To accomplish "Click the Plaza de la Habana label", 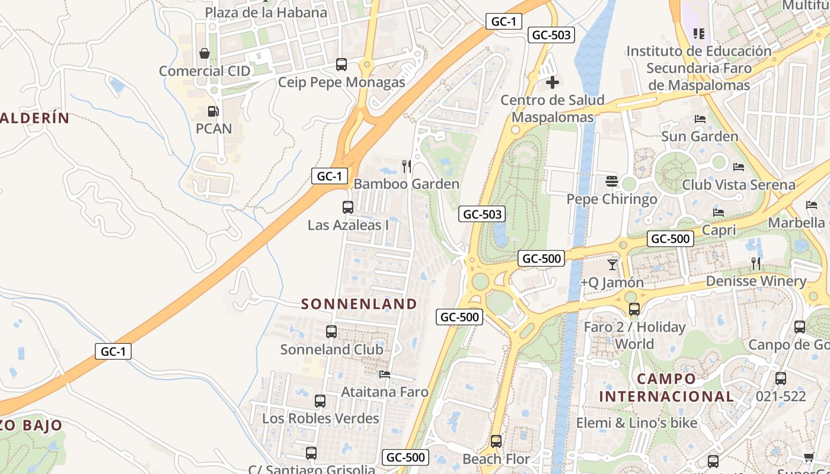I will (x=266, y=12).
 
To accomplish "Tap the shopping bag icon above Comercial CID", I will (x=205, y=54).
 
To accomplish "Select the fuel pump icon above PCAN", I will (x=212, y=111).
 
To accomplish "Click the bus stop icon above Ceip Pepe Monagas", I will (x=341, y=64).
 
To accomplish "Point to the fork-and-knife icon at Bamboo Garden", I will (x=407, y=166).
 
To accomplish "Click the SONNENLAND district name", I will (x=359, y=304).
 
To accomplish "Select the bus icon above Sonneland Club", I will (x=331, y=332).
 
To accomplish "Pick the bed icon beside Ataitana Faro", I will (x=385, y=374).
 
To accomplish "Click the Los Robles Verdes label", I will (x=320, y=418).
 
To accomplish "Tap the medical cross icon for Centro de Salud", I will (x=553, y=82).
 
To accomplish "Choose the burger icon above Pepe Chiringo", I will (x=612, y=181).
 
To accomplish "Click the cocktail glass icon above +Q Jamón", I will (x=612, y=265).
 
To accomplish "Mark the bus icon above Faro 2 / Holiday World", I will (x=634, y=309).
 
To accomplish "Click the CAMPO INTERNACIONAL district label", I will (x=666, y=387).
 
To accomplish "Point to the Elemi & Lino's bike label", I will (x=637, y=423).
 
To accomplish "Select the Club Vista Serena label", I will (x=738, y=184).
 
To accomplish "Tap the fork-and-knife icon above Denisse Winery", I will (x=756, y=263).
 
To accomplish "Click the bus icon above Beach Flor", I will (x=496, y=441).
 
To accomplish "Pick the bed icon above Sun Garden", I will (x=700, y=119).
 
